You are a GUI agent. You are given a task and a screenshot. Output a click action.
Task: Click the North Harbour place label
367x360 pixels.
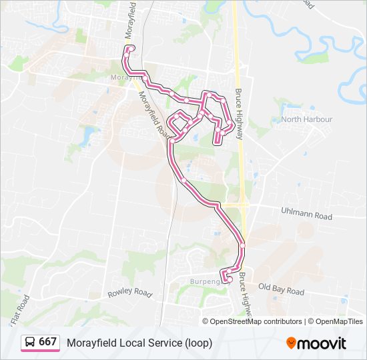point(306,119)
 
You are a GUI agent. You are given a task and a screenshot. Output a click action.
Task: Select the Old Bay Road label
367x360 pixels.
point(281,290)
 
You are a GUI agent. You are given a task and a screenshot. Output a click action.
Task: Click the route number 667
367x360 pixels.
point(47,342)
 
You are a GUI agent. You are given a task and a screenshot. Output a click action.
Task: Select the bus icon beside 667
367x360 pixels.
point(30,343)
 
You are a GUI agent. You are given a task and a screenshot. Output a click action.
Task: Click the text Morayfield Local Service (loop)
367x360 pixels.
point(139,343)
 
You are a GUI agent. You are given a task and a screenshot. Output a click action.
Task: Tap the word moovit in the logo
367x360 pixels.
point(322,343)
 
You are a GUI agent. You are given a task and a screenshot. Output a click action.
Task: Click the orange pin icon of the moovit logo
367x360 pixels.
point(291,343)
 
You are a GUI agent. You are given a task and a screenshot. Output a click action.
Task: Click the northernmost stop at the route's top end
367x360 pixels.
point(130,48)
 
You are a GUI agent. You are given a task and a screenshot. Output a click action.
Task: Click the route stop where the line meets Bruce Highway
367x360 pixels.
point(243,245)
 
